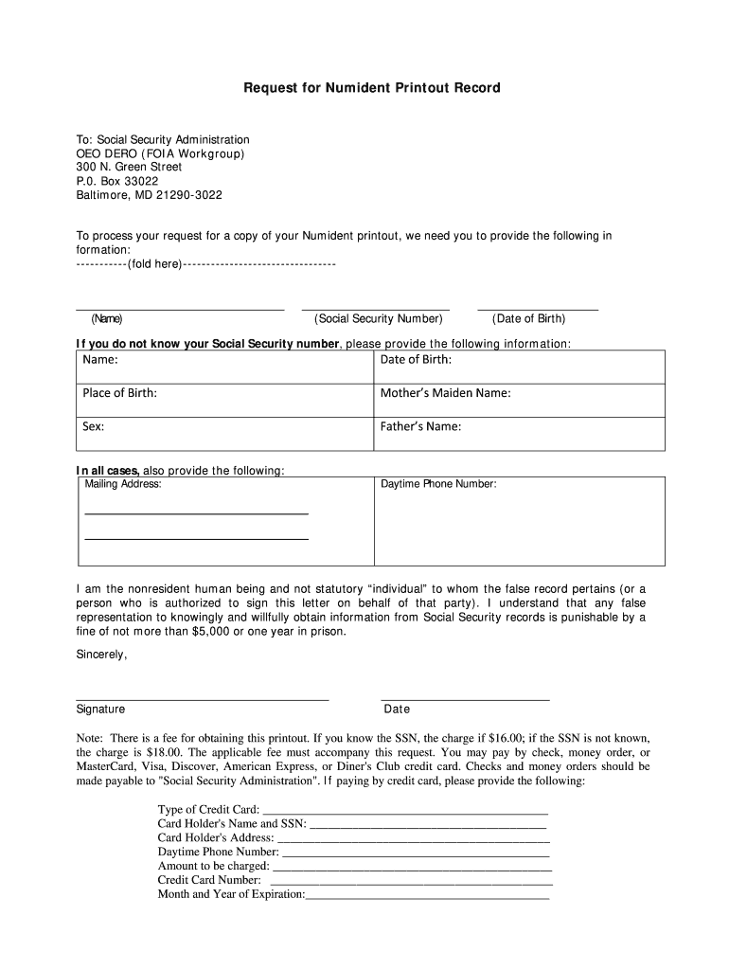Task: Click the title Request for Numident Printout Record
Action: click(x=372, y=88)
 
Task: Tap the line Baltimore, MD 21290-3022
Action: click(x=149, y=195)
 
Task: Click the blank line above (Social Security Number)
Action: click(x=375, y=307)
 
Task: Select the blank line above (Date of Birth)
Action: click(x=538, y=307)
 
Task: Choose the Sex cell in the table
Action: click(x=224, y=432)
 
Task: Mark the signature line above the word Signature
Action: click(x=202, y=697)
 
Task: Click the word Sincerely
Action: click(x=101, y=654)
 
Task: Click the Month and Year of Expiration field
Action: click(x=427, y=895)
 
